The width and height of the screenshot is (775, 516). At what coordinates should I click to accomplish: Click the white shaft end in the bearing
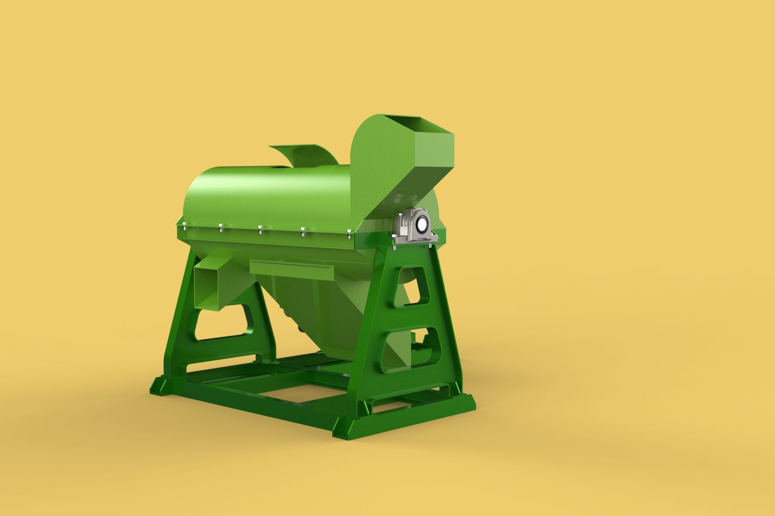coord(422,225)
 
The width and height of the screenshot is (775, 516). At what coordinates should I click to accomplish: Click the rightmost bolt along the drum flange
coord(348,231)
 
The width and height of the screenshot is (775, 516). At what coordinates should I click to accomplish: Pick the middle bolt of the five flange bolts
coord(260,229)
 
